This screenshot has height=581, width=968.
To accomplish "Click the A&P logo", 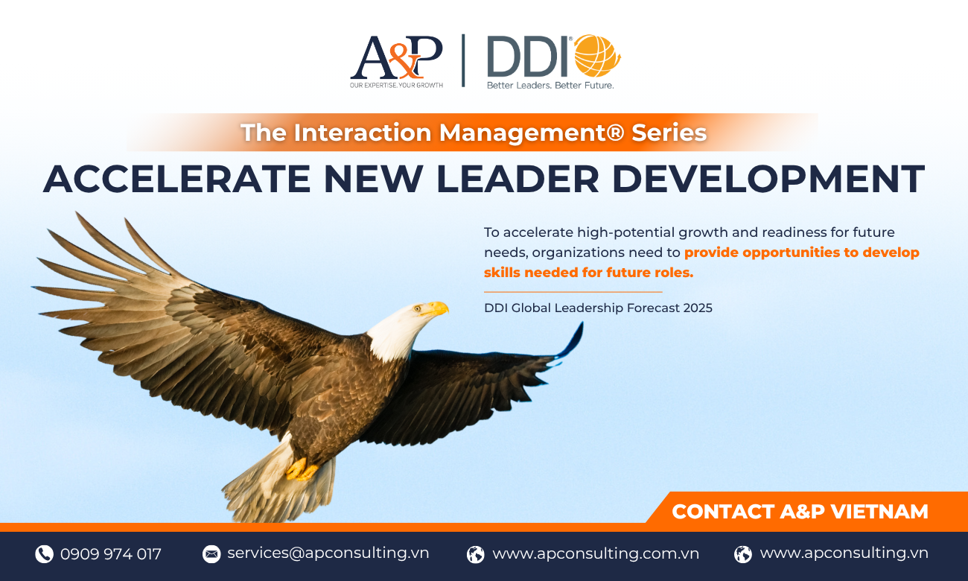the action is [x=396, y=61].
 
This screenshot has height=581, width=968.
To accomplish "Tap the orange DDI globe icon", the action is [x=597, y=56].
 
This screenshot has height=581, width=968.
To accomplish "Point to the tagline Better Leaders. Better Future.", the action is [x=550, y=85].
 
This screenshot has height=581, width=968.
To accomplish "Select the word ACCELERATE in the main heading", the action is [x=176, y=179].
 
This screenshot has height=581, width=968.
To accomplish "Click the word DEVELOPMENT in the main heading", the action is [x=768, y=179].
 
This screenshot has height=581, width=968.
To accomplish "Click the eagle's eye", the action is [x=418, y=308].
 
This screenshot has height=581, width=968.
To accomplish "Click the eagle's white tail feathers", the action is [x=276, y=484].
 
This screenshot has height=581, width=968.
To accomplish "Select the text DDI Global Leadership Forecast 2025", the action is [x=598, y=308].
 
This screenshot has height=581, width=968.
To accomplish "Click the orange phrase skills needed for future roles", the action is [x=588, y=273].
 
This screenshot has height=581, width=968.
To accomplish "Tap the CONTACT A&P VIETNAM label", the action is [x=800, y=512].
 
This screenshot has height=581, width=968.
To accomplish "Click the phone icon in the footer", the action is [x=44, y=553].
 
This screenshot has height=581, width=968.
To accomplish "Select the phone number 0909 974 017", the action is [x=111, y=553].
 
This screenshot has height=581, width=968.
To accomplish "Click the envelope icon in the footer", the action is [x=211, y=553].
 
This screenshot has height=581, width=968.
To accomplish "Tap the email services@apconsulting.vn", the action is [x=328, y=553].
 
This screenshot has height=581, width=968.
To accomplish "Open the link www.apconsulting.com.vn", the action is [x=596, y=553].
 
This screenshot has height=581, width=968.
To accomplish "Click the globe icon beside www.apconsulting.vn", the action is [x=743, y=553].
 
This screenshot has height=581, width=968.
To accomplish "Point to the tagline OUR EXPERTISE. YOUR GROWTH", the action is [x=396, y=85].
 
